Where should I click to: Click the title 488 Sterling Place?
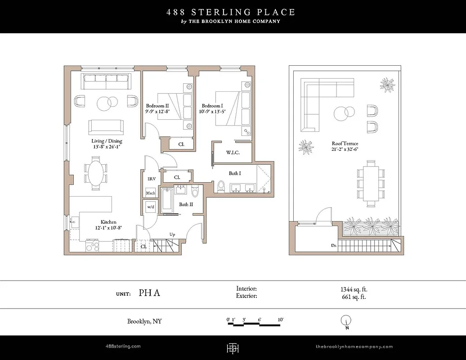point(231,12)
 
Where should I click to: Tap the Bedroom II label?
point(157,106)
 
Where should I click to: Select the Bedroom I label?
point(212,106)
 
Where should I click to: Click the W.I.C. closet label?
point(233,153)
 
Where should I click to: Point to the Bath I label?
point(234,173)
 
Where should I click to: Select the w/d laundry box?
point(150,207)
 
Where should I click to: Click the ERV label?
point(152,179)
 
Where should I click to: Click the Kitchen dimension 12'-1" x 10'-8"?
point(108,228)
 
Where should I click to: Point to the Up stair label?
point(172,234)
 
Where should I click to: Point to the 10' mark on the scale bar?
point(280,320)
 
